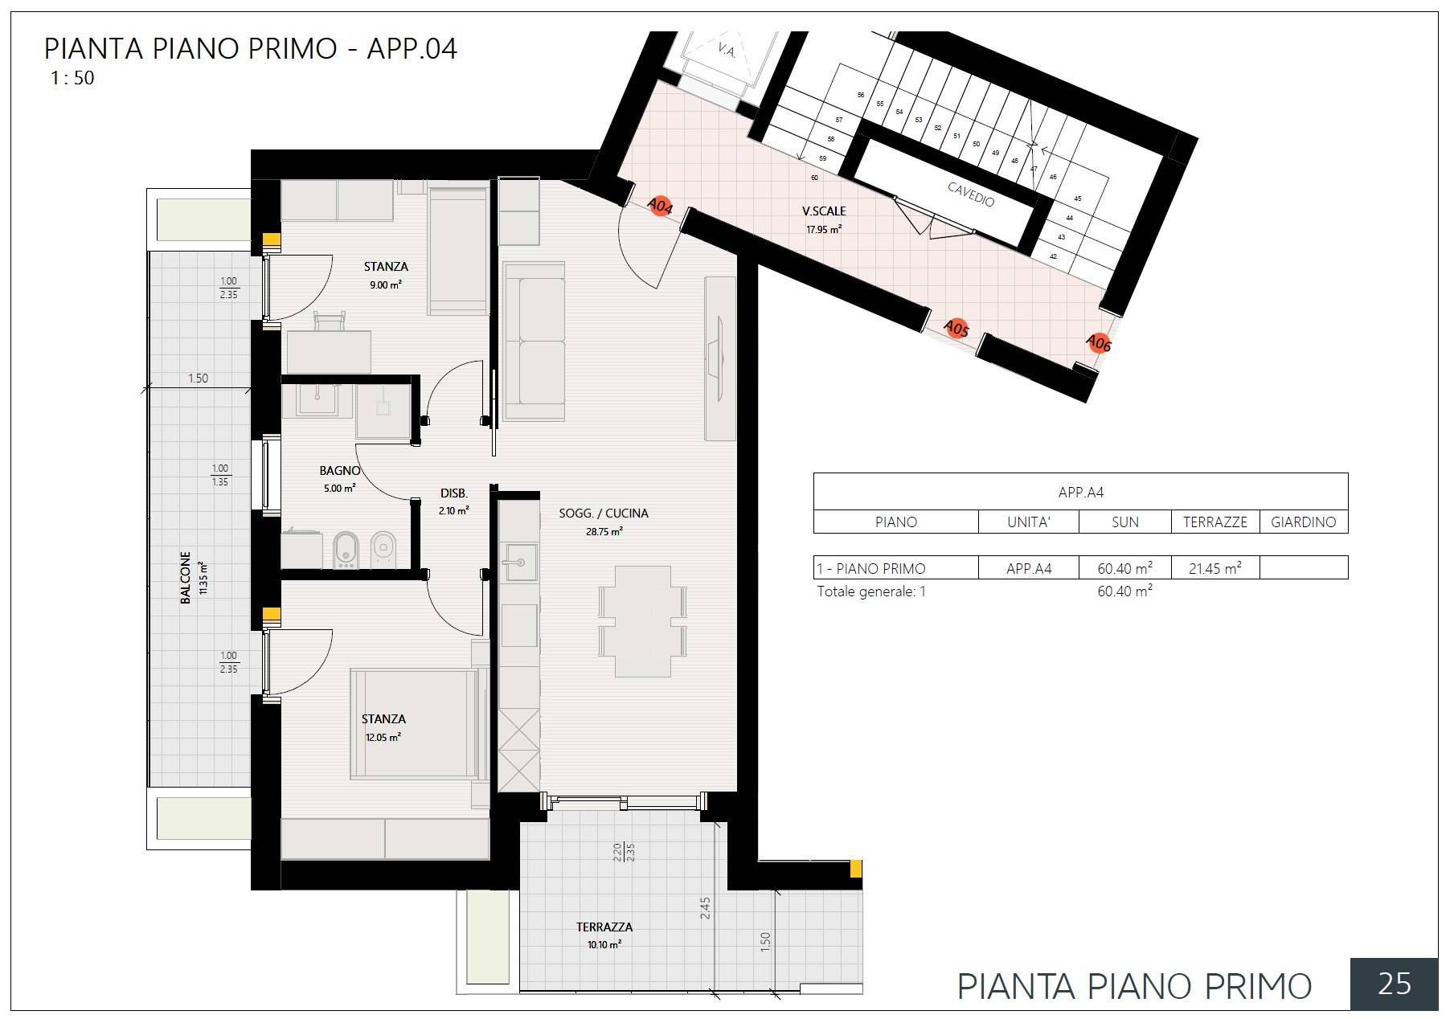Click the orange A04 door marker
(660, 207)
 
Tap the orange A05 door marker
(956, 329)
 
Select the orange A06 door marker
(1098, 343)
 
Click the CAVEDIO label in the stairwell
(971, 194)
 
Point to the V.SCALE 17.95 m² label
(824, 219)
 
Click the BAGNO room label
(339, 471)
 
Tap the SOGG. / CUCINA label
(603, 514)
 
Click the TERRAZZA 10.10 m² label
(604, 935)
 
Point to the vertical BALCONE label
(186, 577)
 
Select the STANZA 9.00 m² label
(385, 274)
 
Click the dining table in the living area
(642, 620)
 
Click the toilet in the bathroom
(383, 549)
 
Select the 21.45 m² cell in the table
(1214, 568)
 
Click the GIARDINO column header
(1303, 522)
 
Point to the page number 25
(1393, 984)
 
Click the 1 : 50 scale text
(72, 79)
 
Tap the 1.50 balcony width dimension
(198, 379)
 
